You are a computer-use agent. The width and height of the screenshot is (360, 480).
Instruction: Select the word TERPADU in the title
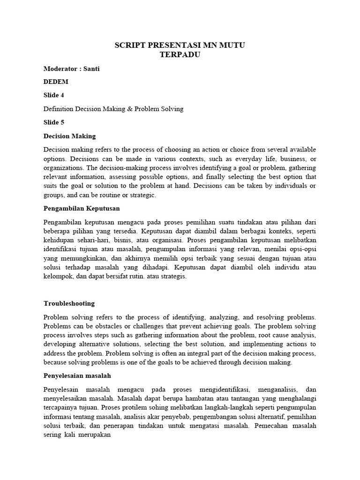[x=180, y=54]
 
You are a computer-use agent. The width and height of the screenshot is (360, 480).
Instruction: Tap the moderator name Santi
[x=91, y=68]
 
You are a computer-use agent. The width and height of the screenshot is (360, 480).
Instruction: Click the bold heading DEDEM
[x=56, y=82]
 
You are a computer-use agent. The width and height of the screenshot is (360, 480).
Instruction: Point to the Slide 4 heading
[x=54, y=95]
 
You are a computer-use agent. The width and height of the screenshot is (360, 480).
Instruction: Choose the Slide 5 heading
[x=54, y=122]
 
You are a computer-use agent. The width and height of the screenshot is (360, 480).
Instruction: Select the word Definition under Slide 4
[x=58, y=109]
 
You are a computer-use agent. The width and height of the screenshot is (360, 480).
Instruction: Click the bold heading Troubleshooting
[x=69, y=303]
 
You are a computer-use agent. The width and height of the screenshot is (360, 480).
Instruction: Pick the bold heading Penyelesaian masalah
[x=77, y=375]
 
